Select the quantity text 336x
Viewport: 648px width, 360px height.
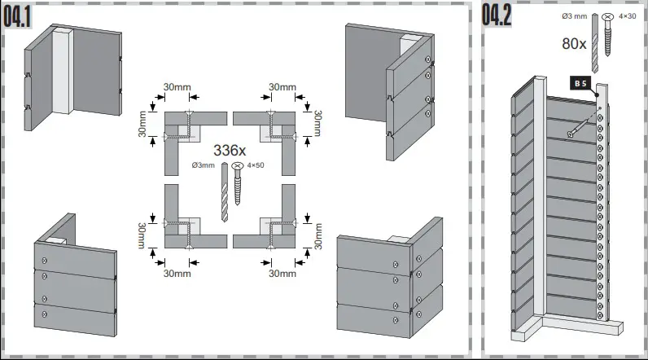point(230,151)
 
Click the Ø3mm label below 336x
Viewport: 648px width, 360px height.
point(203,165)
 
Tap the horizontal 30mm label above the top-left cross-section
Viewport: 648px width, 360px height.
point(177,87)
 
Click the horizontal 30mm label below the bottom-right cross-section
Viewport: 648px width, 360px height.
point(282,273)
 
